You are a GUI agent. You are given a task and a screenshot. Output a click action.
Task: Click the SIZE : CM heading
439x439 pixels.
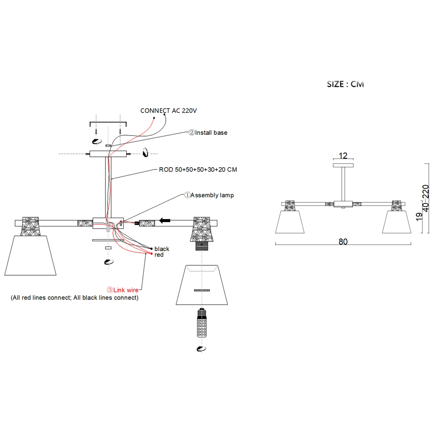345,84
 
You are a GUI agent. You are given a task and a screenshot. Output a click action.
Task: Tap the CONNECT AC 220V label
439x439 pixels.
169,111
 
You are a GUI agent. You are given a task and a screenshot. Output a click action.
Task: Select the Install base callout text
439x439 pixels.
208,133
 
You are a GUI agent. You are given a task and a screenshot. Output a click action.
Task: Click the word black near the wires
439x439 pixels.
162,249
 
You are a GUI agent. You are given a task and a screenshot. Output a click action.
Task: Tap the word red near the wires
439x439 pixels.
159,255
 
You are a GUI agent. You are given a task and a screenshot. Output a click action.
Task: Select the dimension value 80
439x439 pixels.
343,242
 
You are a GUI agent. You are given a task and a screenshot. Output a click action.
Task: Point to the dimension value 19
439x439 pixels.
418,217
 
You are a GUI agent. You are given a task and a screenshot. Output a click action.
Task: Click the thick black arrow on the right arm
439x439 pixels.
165,221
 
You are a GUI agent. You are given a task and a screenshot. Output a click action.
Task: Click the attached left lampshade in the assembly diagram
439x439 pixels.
30,255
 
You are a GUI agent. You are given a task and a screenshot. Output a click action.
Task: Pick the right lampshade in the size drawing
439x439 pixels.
396,222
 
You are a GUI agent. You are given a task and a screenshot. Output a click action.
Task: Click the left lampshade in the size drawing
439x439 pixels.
289,222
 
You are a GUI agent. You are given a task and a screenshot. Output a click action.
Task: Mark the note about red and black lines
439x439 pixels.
74,298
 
